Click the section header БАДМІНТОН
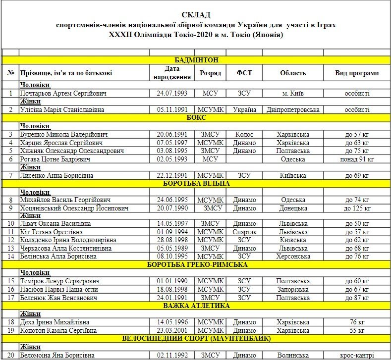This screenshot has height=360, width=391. pos(196,60)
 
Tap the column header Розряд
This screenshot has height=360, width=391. pos(210,73)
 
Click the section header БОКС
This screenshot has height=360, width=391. pos(196,118)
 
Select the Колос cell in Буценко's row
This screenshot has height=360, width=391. pos(244,134)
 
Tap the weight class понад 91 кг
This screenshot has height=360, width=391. pos(357,159)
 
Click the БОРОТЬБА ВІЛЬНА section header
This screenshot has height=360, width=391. pos(196,183)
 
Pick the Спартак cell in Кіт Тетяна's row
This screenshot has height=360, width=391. pos(244,232)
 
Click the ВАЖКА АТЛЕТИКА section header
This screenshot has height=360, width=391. pos(196,306)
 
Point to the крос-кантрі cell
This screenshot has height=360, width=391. pos(357,355)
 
